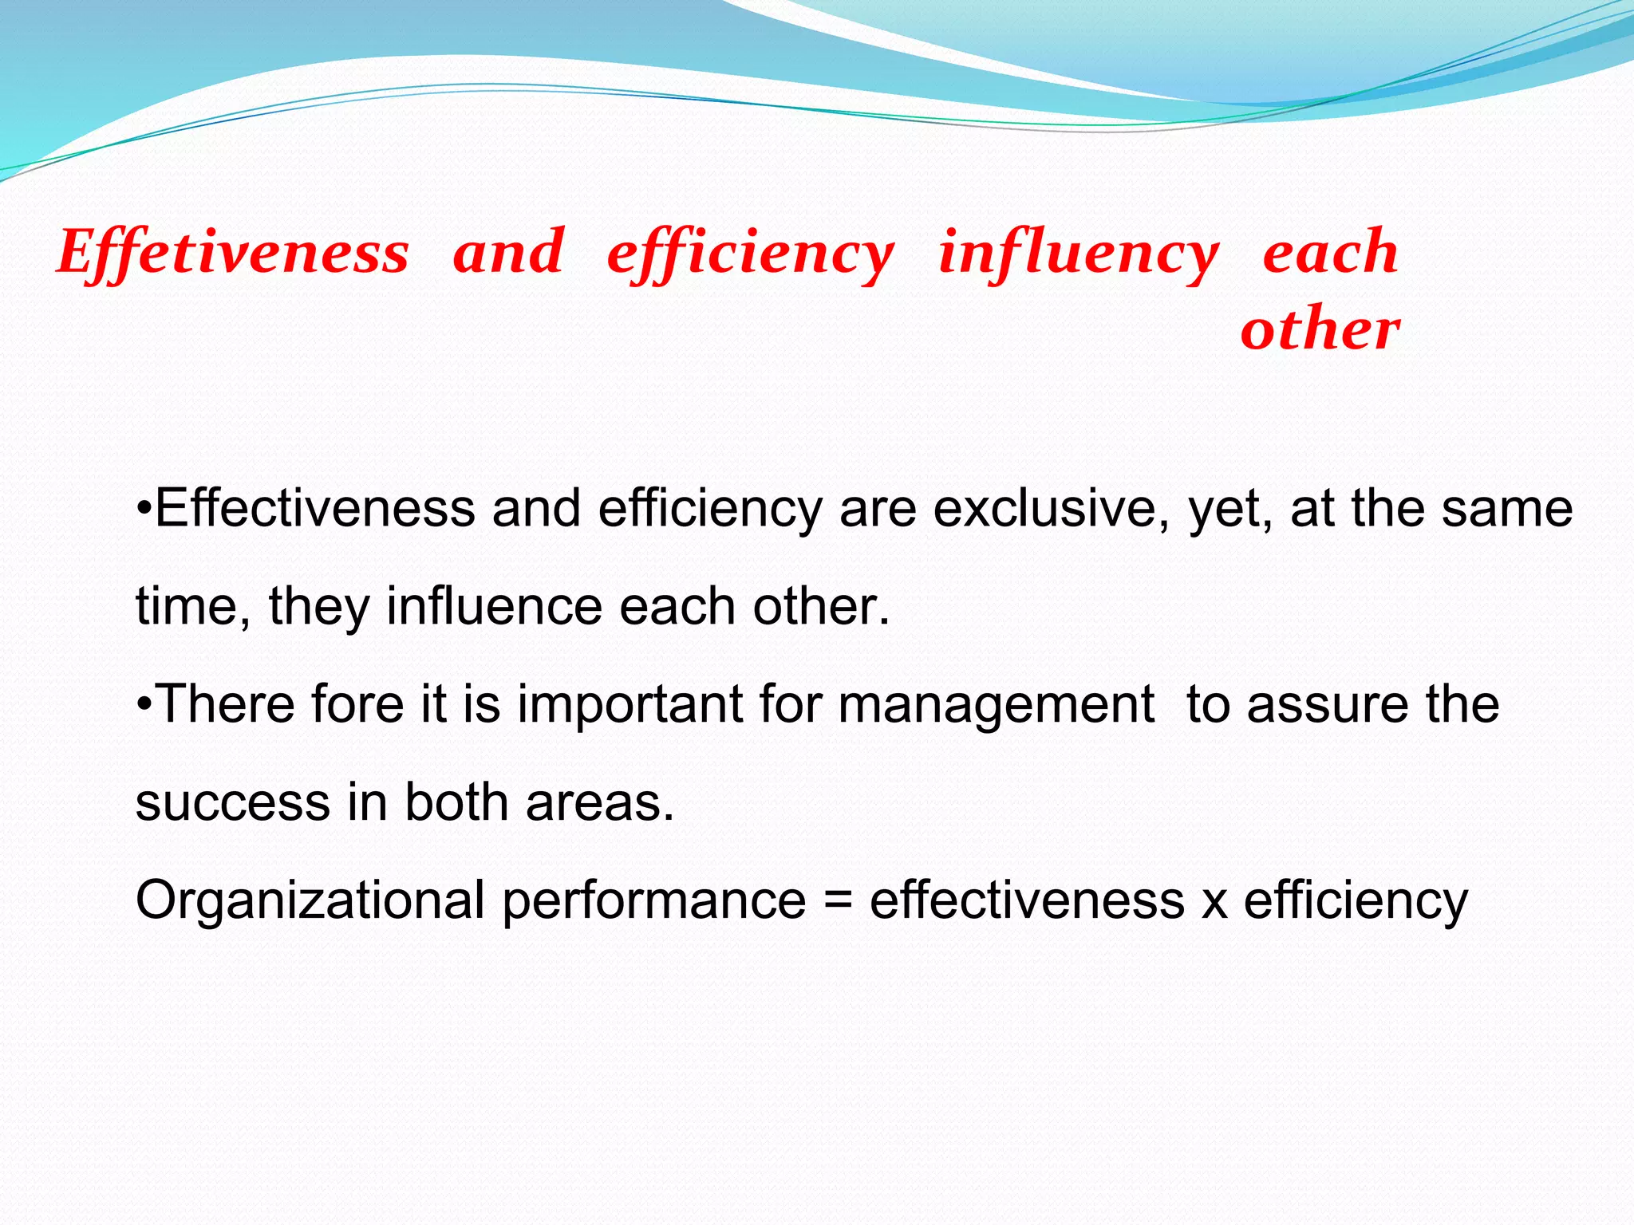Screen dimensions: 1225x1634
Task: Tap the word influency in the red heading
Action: pyautogui.click(x=1079, y=254)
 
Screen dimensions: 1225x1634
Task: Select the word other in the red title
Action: pyautogui.click(x=1320, y=329)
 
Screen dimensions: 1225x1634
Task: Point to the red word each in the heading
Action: pyautogui.click(x=1330, y=252)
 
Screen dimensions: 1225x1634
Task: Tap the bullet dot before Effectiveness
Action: pyautogui.click(x=144, y=508)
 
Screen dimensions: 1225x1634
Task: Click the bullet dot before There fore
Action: pyautogui.click(x=144, y=704)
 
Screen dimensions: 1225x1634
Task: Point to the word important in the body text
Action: pyautogui.click(x=630, y=706)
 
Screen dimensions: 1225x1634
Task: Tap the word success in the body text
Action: pyautogui.click(x=232, y=802)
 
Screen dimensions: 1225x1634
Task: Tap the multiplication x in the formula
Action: pyautogui.click(x=1214, y=903)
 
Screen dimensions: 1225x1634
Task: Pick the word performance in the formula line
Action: pyautogui.click(x=654, y=901)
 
